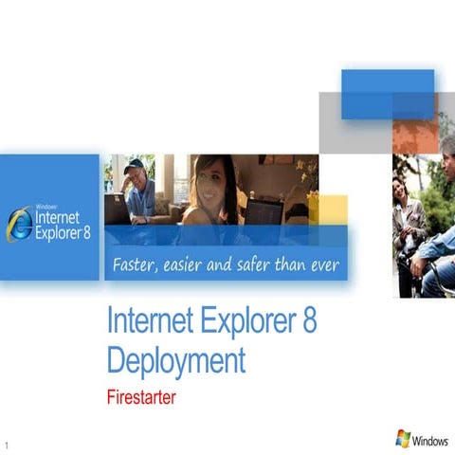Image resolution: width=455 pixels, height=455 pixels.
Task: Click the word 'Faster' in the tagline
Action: (136, 264)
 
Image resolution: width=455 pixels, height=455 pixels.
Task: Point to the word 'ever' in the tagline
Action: (322, 264)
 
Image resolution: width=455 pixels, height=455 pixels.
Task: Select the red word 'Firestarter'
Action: (141, 396)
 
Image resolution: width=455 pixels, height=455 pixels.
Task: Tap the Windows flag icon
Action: (403, 438)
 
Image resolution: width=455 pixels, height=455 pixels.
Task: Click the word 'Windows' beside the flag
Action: (430, 441)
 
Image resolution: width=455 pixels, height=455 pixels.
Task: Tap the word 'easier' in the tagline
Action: (185, 264)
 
